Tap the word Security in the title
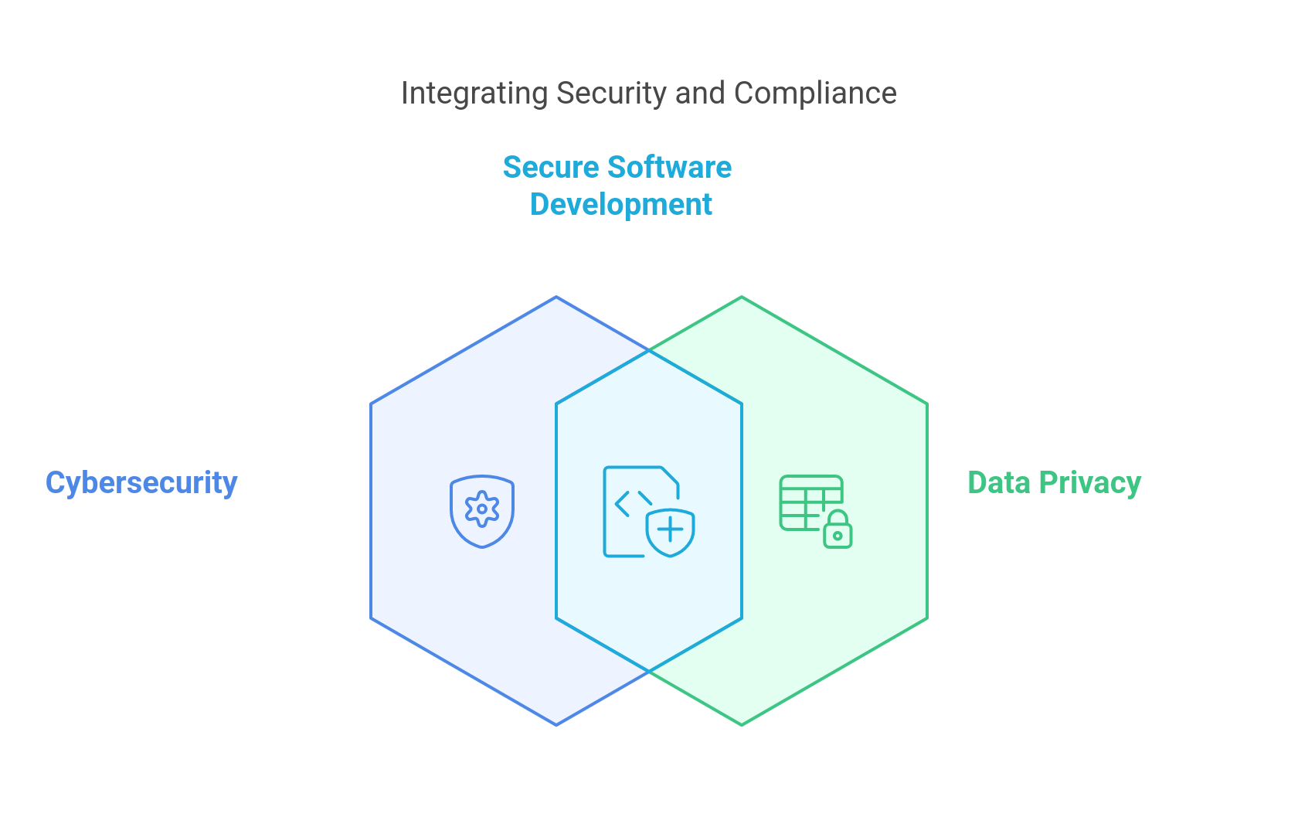611,94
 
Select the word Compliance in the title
815,94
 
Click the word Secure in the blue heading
551,168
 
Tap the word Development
621,205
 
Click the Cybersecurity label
141,483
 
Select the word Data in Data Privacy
999,483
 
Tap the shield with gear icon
482,511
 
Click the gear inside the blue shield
482,509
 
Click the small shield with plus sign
671,532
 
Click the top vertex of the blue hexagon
556,297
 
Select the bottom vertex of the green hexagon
742,724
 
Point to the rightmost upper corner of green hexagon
926,403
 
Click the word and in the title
700,94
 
